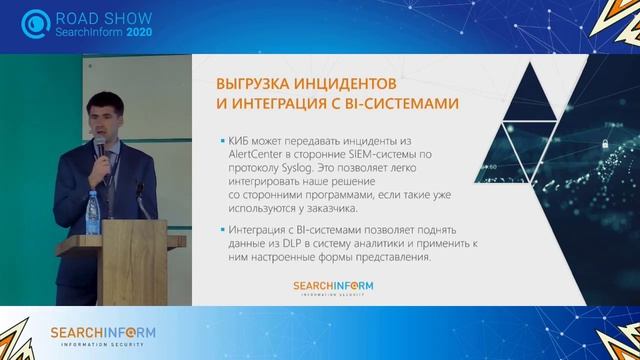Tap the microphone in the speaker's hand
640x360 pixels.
coord(100,149)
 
